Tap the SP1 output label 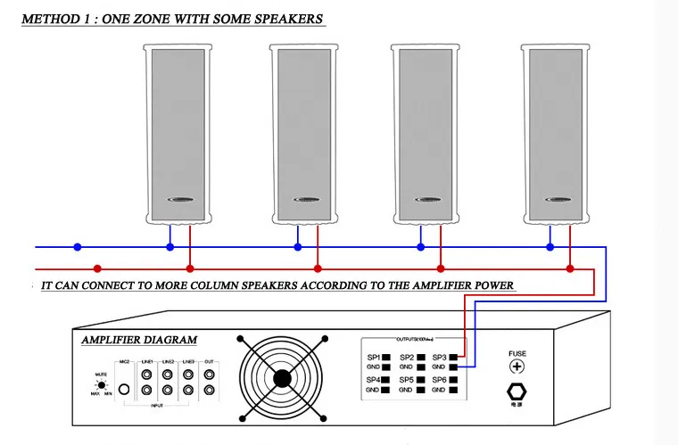(374, 357)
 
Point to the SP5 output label (406, 380)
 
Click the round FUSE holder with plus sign (517, 367)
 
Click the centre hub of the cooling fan (282, 377)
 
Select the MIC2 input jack (125, 390)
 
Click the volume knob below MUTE (103, 384)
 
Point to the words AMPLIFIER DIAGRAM (139, 341)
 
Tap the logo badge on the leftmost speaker (179, 201)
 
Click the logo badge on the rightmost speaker (558, 201)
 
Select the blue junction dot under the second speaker (298, 247)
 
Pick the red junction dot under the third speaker (440, 268)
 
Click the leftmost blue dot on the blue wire (78, 247)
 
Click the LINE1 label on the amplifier (146, 360)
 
